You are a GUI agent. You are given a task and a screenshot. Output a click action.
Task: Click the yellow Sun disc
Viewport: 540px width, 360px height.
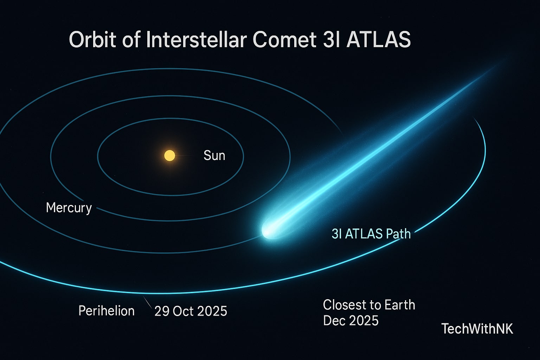click(x=170, y=155)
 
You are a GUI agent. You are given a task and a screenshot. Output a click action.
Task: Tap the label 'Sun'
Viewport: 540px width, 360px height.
click(x=214, y=155)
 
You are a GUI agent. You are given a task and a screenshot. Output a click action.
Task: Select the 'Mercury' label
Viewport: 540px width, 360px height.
click(x=69, y=207)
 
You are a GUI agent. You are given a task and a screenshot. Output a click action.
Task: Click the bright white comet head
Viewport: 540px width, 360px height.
click(x=269, y=230)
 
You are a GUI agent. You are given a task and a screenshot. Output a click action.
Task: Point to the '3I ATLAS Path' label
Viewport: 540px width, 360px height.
click(x=371, y=234)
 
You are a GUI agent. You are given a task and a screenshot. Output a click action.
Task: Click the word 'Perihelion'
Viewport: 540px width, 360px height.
click(x=107, y=311)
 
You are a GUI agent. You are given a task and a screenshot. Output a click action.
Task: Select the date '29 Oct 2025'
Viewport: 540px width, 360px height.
click(x=191, y=311)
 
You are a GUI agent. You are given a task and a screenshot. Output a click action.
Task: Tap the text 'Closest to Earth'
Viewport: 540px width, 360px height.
click(x=369, y=305)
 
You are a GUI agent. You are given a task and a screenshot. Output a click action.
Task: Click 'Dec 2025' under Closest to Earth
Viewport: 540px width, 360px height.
click(x=351, y=321)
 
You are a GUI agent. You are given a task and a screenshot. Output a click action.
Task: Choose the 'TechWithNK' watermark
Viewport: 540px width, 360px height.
click(x=477, y=329)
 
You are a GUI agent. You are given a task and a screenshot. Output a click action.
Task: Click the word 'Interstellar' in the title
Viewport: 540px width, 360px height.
click(x=196, y=39)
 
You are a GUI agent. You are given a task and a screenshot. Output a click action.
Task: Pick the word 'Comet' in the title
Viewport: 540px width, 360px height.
click(x=284, y=39)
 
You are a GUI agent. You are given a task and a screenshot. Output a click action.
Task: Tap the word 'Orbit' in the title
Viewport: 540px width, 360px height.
click(x=92, y=39)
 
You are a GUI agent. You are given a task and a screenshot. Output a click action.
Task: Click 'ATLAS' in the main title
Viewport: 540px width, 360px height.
click(x=378, y=39)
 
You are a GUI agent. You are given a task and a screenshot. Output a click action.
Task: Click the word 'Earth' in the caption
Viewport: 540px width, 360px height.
click(x=400, y=305)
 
